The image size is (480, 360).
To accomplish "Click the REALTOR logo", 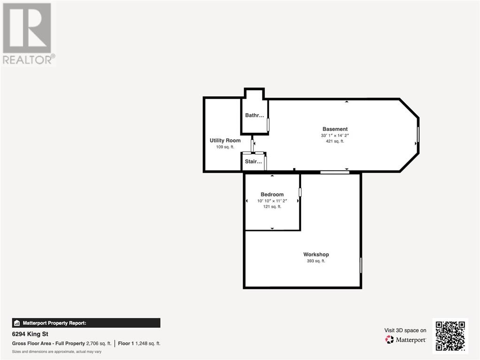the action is pyautogui.click(x=29, y=34).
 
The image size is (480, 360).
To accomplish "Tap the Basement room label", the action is pyautogui.click(x=335, y=129).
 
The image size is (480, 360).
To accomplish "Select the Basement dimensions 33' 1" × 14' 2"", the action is pyautogui.click(x=335, y=135).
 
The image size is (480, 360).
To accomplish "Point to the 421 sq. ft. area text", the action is pyautogui.click(x=335, y=141).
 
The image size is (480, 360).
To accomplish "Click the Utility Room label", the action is pyautogui.click(x=225, y=140).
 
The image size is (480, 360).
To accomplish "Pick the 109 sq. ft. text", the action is pyautogui.click(x=225, y=147).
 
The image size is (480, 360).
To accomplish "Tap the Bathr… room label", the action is pyautogui.click(x=254, y=115).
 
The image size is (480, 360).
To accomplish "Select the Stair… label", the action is pyautogui.click(x=253, y=161).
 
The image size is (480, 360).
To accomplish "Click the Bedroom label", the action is pyautogui.click(x=272, y=194).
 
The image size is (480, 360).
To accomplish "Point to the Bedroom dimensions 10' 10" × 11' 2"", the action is pyautogui.click(x=272, y=201).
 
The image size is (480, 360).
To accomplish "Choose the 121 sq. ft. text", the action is pyautogui.click(x=272, y=207).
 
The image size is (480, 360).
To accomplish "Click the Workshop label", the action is pyautogui.click(x=316, y=254).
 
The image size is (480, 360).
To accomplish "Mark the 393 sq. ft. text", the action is pyautogui.click(x=316, y=261).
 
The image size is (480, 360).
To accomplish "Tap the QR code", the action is pyautogui.click(x=450, y=336).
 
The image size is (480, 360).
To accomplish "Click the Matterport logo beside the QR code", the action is pyautogui.click(x=405, y=339).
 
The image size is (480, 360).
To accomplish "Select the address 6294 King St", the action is pyautogui.click(x=30, y=334).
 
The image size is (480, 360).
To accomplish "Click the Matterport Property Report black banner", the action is pyautogui.click(x=86, y=323).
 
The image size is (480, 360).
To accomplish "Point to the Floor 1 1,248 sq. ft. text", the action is pyautogui.click(x=139, y=344).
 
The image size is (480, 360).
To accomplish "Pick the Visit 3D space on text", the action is pyautogui.click(x=405, y=330).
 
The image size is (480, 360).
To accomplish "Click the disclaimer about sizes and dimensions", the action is pyautogui.click(x=57, y=352).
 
